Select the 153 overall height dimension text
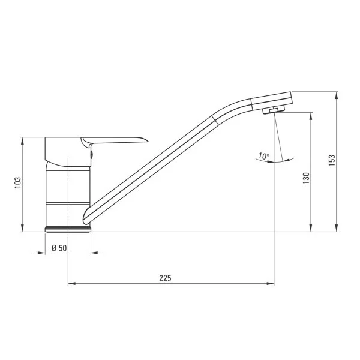(x=332, y=161)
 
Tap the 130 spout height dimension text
(x=306, y=178)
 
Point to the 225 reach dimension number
(x=165, y=278)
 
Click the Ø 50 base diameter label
(x=59, y=247)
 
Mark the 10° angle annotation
(x=263, y=156)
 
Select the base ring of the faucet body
(x=68, y=229)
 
